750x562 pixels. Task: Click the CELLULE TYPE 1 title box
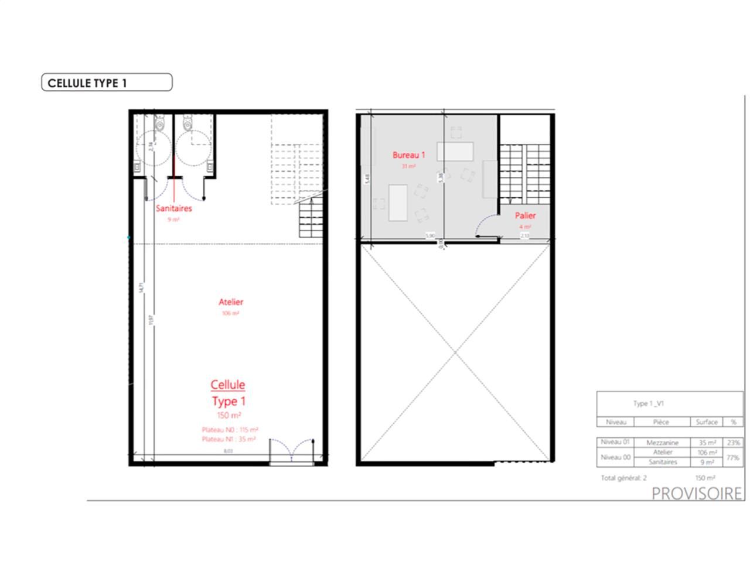107,83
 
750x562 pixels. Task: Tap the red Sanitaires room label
173,208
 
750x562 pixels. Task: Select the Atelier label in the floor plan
230,302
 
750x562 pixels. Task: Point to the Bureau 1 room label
408,155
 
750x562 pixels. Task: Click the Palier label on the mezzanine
525,215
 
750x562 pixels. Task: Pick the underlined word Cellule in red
228,385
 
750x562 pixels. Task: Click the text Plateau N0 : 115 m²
230,430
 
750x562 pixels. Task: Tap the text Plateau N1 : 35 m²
229,438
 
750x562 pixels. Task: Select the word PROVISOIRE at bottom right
697,494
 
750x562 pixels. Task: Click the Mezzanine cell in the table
662,443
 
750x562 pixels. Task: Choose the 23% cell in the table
733,443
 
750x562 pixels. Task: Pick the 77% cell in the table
733,457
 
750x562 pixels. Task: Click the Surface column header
707,421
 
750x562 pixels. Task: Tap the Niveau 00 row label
615,457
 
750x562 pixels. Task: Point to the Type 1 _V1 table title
648,403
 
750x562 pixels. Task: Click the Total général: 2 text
623,478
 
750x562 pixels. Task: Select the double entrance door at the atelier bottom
291,450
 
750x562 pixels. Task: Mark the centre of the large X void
455,352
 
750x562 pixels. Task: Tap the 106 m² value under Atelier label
230,313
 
